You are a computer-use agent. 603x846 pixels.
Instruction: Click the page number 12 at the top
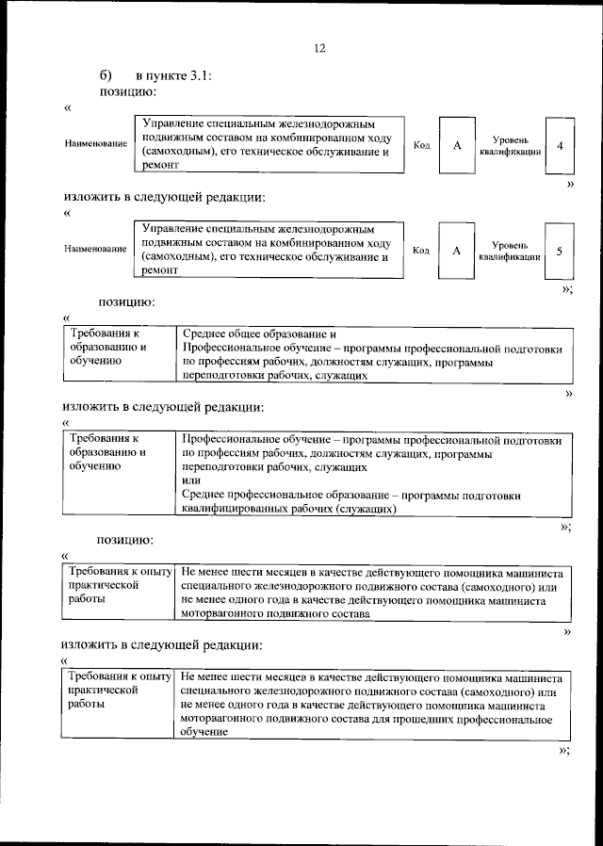click(319, 49)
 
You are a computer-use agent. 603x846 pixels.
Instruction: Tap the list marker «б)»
click(106, 75)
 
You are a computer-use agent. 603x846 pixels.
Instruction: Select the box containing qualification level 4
click(561, 146)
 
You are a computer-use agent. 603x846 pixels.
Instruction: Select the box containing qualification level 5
click(560, 252)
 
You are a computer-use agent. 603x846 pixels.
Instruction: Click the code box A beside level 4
click(457, 146)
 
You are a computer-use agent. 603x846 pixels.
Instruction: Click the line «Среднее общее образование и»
click(259, 334)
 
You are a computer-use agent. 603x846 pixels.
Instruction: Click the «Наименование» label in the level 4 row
click(95, 143)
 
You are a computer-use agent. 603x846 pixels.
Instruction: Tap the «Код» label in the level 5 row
click(421, 250)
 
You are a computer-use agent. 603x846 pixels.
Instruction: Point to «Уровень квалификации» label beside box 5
click(510, 251)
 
